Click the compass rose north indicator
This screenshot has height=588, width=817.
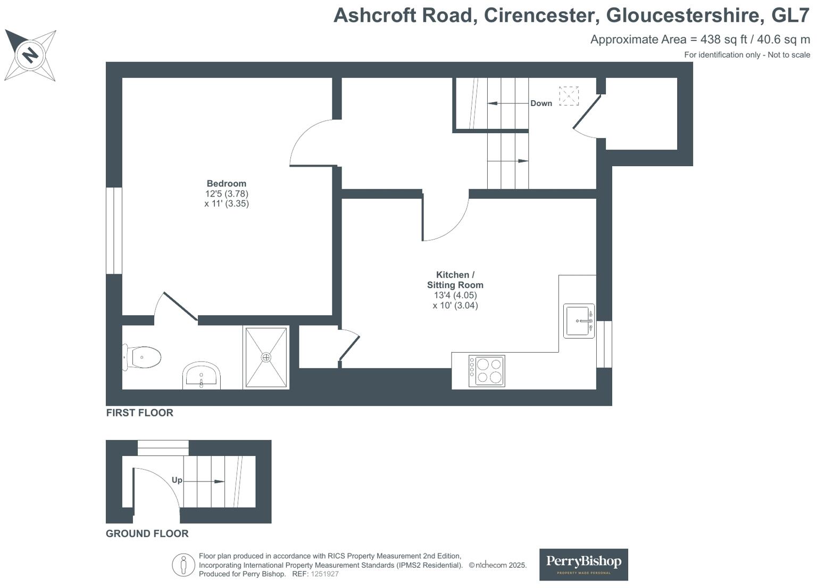click(x=30, y=55)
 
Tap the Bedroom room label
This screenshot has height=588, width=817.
click(x=227, y=184)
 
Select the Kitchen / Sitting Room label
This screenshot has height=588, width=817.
click(x=455, y=280)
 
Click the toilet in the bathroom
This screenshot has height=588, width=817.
click(x=143, y=357)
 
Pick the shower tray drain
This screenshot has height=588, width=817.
click(x=266, y=357)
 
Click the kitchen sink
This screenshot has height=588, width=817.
click(x=579, y=321)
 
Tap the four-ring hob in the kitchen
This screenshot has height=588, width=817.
click(x=487, y=371)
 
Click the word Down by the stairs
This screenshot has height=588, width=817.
click(x=541, y=103)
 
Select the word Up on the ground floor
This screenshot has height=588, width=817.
click(x=177, y=480)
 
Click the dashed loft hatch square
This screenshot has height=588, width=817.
click(x=569, y=96)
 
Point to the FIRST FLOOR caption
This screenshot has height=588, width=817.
click(x=139, y=413)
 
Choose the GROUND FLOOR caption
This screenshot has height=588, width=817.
click(x=147, y=534)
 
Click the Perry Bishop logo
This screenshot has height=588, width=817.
click(x=583, y=564)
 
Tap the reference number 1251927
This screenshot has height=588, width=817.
click(x=324, y=574)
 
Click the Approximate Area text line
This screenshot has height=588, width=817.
click(x=700, y=39)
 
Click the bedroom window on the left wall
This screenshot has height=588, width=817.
click(x=114, y=231)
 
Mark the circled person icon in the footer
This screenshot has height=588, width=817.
click(x=184, y=565)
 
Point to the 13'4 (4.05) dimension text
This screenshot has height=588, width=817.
click(x=455, y=295)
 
